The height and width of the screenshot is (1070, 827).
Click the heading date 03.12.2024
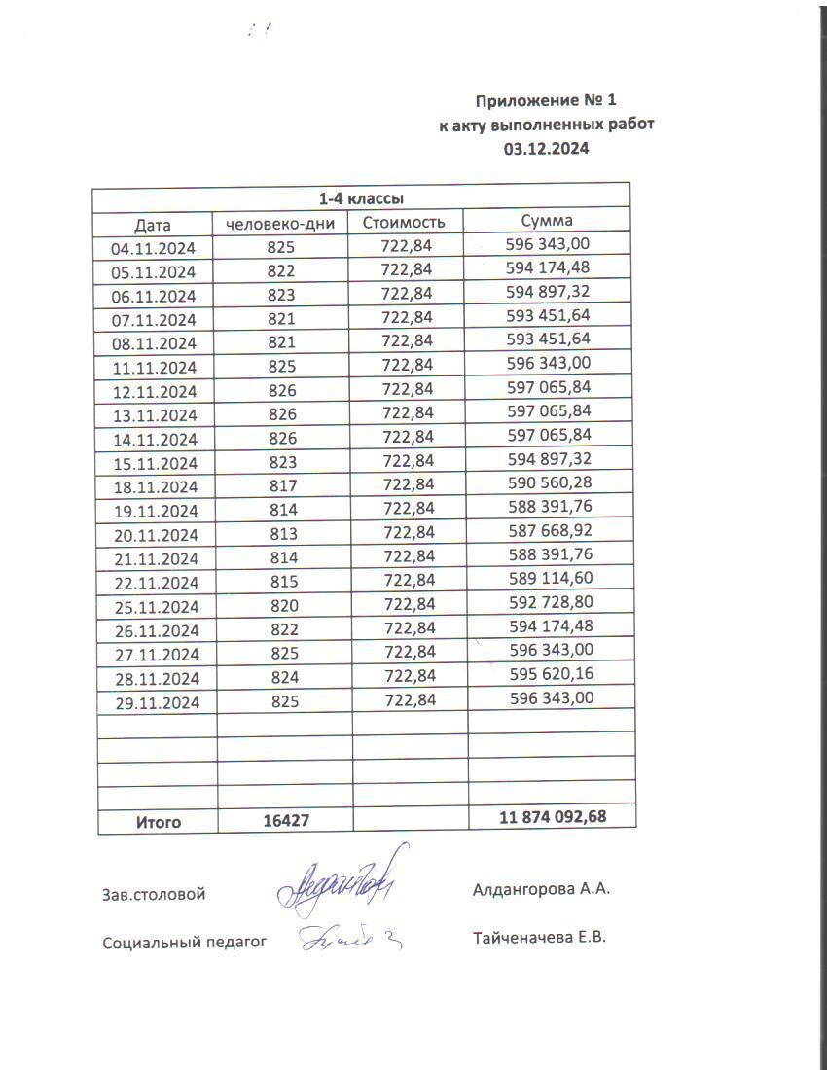pyautogui.click(x=546, y=149)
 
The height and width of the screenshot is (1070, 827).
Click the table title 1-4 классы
pyautogui.click(x=362, y=198)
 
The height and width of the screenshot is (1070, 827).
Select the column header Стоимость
pyautogui.click(x=404, y=223)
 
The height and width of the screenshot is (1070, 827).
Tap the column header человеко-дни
pyautogui.click(x=280, y=224)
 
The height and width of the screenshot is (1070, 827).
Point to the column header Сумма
pyautogui.click(x=547, y=221)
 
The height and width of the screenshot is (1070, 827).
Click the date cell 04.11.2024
pyautogui.click(x=154, y=248)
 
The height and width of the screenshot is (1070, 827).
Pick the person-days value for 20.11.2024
pyautogui.click(x=280, y=534)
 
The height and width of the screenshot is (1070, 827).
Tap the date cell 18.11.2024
pyautogui.click(x=154, y=486)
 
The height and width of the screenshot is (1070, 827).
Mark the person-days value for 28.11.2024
pyautogui.click(x=280, y=677)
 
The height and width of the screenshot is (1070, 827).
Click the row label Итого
pyautogui.click(x=158, y=822)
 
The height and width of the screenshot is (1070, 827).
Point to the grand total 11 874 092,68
pyautogui.click(x=553, y=817)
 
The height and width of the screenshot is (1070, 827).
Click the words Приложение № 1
pyautogui.click(x=546, y=100)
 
